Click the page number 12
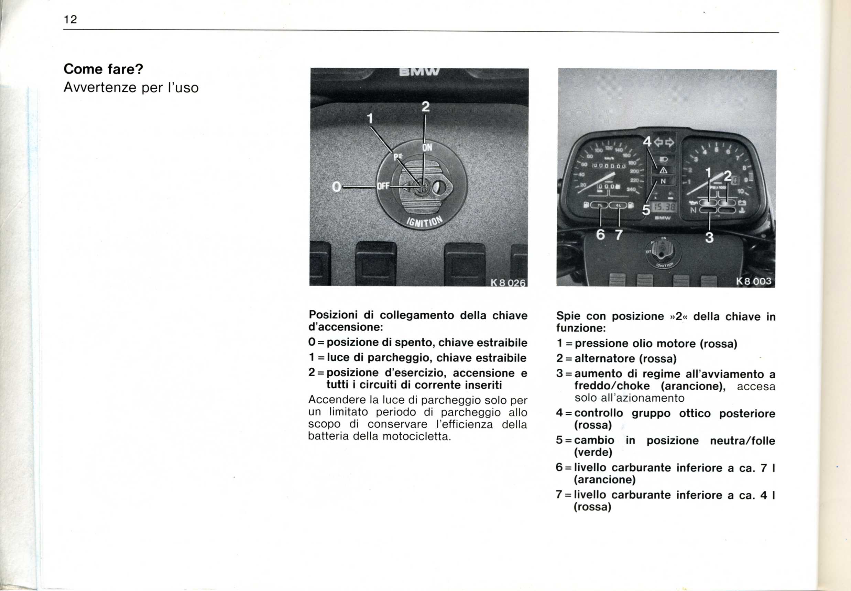click(x=70, y=20)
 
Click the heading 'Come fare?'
click(x=103, y=69)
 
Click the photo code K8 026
click(x=508, y=283)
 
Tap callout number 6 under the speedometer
click(x=600, y=235)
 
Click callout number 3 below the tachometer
click(x=709, y=237)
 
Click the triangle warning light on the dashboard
click(x=663, y=170)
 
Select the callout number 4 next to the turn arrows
click(x=647, y=142)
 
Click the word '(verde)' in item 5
click(x=593, y=452)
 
